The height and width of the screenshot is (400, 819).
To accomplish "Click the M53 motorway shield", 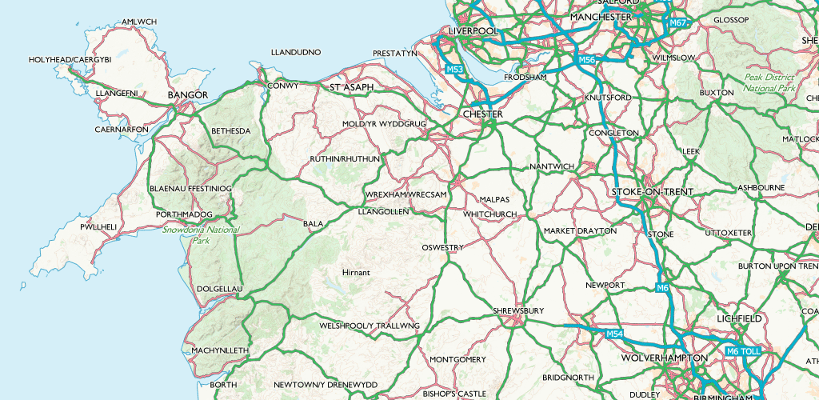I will pyautogui.click(x=455, y=70).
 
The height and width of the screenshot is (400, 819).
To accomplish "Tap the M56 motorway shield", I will pyautogui.click(x=587, y=60).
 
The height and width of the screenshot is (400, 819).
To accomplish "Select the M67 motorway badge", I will pyautogui.click(x=678, y=23).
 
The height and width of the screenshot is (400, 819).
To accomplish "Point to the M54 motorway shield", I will pyautogui.click(x=614, y=334).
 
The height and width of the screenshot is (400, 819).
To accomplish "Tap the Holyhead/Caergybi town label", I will pyautogui.click(x=70, y=60).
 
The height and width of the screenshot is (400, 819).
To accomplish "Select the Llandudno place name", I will pyautogui.click(x=296, y=52).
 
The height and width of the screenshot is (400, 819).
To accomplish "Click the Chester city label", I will pyautogui.click(x=483, y=114).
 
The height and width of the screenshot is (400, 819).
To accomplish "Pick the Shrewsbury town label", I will pyautogui.click(x=519, y=310).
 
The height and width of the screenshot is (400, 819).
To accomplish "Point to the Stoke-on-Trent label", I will pyautogui.click(x=652, y=193).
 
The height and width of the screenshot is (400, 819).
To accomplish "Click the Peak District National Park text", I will pyautogui.click(x=769, y=82).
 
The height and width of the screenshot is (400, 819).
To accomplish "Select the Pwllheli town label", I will pyautogui.click(x=99, y=227).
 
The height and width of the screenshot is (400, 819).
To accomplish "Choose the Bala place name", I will pyautogui.click(x=313, y=223).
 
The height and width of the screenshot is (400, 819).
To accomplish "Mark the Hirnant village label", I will pyautogui.click(x=356, y=273).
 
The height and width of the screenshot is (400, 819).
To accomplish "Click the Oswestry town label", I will pyautogui.click(x=442, y=248).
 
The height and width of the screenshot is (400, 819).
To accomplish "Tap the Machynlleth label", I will pyautogui.click(x=220, y=350).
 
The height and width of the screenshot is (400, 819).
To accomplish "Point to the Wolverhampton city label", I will pyautogui.click(x=664, y=357).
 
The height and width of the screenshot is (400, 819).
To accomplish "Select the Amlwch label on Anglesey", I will pyautogui.click(x=139, y=22).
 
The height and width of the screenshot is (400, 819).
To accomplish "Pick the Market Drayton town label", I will pyautogui.click(x=580, y=230).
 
